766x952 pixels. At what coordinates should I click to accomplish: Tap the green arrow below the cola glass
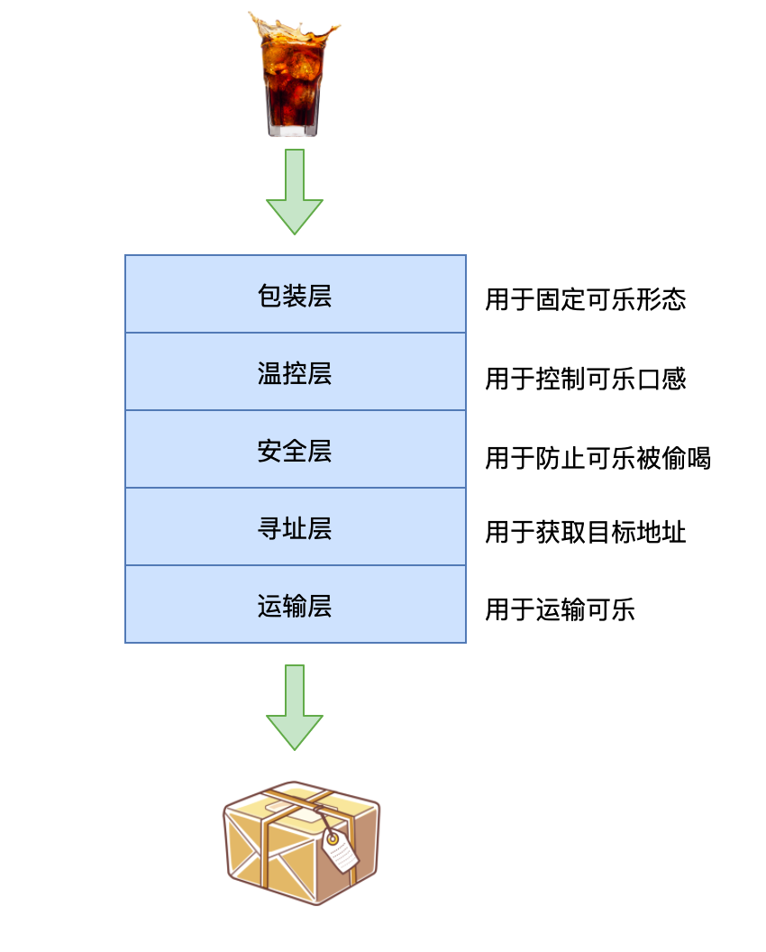pyautogui.click(x=294, y=191)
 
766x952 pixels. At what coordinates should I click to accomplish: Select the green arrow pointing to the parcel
pyautogui.click(x=294, y=707)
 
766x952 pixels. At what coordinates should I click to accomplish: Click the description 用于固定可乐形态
pyautogui.click(x=586, y=299)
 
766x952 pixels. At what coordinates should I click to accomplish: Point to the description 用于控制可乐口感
pyautogui.click(x=586, y=379)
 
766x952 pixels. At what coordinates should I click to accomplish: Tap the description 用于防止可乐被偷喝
pyautogui.click(x=597, y=458)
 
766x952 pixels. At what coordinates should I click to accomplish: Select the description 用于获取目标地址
pyautogui.click(x=586, y=532)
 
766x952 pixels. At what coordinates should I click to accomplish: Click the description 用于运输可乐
pyautogui.click(x=560, y=610)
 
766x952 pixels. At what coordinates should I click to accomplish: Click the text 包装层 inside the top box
pyautogui.click(x=295, y=295)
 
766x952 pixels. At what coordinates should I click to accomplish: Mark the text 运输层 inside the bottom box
pyautogui.click(x=295, y=605)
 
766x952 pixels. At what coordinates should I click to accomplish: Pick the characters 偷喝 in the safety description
pyautogui.click(x=688, y=458)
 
